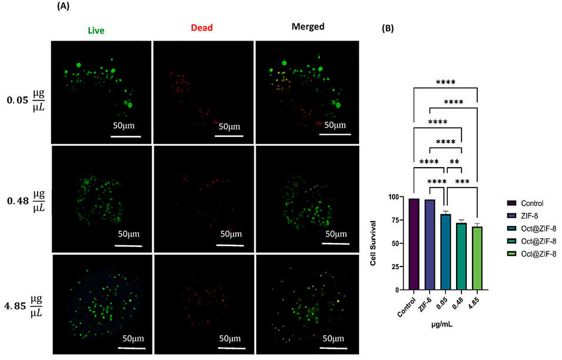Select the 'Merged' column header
pyautogui.click(x=307, y=27)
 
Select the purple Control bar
pyautogui.click(x=414, y=245)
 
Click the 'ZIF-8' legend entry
pyautogui.click(x=527, y=215)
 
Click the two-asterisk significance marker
pyautogui.click(x=454, y=161)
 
